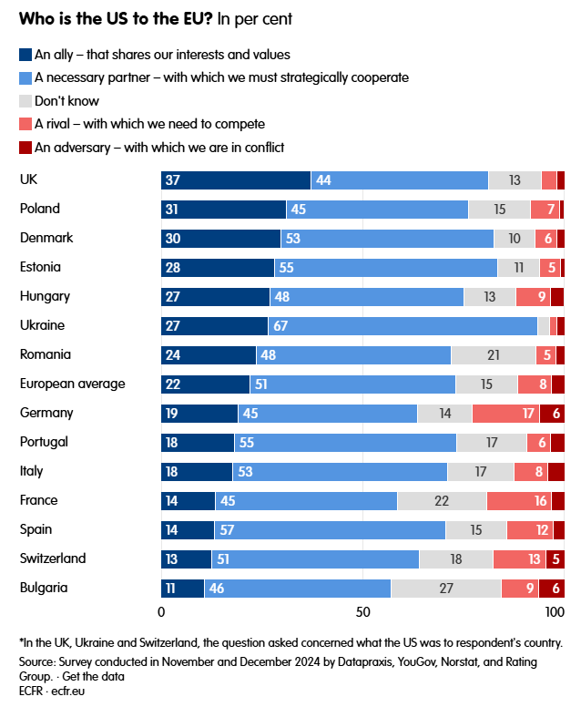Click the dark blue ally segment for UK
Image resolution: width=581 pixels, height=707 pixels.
click(x=236, y=179)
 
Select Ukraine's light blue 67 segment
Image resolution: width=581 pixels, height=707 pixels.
click(x=403, y=325)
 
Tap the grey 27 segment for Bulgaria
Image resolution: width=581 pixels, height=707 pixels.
click(x=446, y=588)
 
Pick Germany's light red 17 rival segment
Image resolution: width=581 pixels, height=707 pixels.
click(x=505, y=413)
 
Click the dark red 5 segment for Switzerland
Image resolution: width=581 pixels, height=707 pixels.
click(x=556, y=558)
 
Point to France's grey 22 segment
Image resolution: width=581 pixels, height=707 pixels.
click(x=442, y=500)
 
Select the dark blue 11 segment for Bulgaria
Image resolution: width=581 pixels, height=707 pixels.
click(x=182, y=588)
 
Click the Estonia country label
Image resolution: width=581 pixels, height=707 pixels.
click(x=40, y=267)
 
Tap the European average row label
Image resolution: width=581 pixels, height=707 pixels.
click(x=72, y=384)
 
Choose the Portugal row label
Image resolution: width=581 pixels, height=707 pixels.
click(x=44, y=442)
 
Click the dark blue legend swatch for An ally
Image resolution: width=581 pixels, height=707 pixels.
click(x=25, y=56)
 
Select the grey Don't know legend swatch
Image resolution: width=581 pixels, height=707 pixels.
click(x=25, y=101)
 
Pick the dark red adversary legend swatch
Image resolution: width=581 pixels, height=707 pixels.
click(x=25, y=147)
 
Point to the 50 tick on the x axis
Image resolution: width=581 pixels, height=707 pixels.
click(x=362, y=611)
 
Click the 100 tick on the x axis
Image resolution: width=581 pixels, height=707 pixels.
click(x=554, y=611)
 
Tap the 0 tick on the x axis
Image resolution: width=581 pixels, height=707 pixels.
click(x=162, y=611)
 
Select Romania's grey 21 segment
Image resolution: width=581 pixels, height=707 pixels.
click(x=493, y=354)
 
